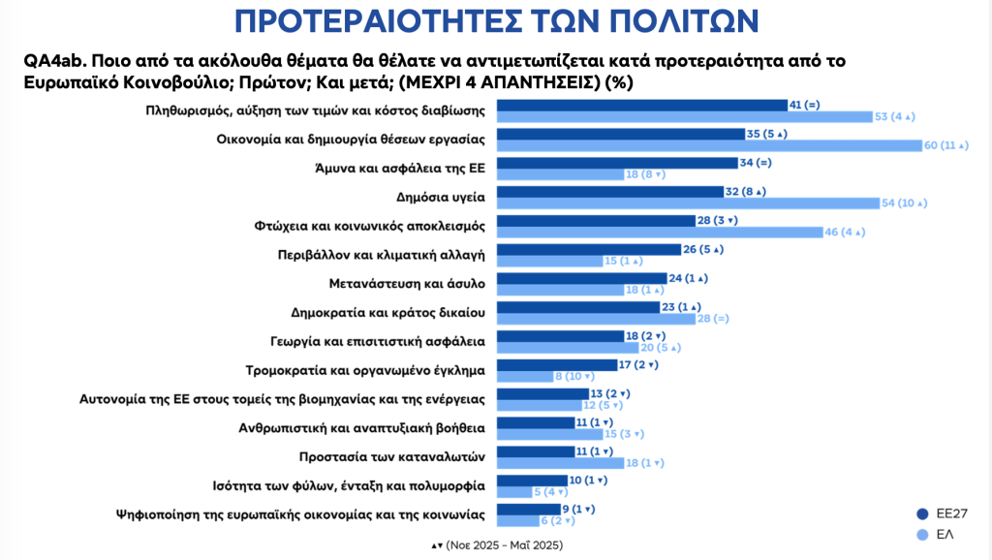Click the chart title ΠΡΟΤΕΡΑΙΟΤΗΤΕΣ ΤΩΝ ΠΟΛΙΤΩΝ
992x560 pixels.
[496, 21]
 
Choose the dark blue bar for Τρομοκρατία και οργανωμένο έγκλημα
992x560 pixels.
[557, 365]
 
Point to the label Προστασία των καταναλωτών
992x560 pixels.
[407, 453]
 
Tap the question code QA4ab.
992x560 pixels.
[53, 60]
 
